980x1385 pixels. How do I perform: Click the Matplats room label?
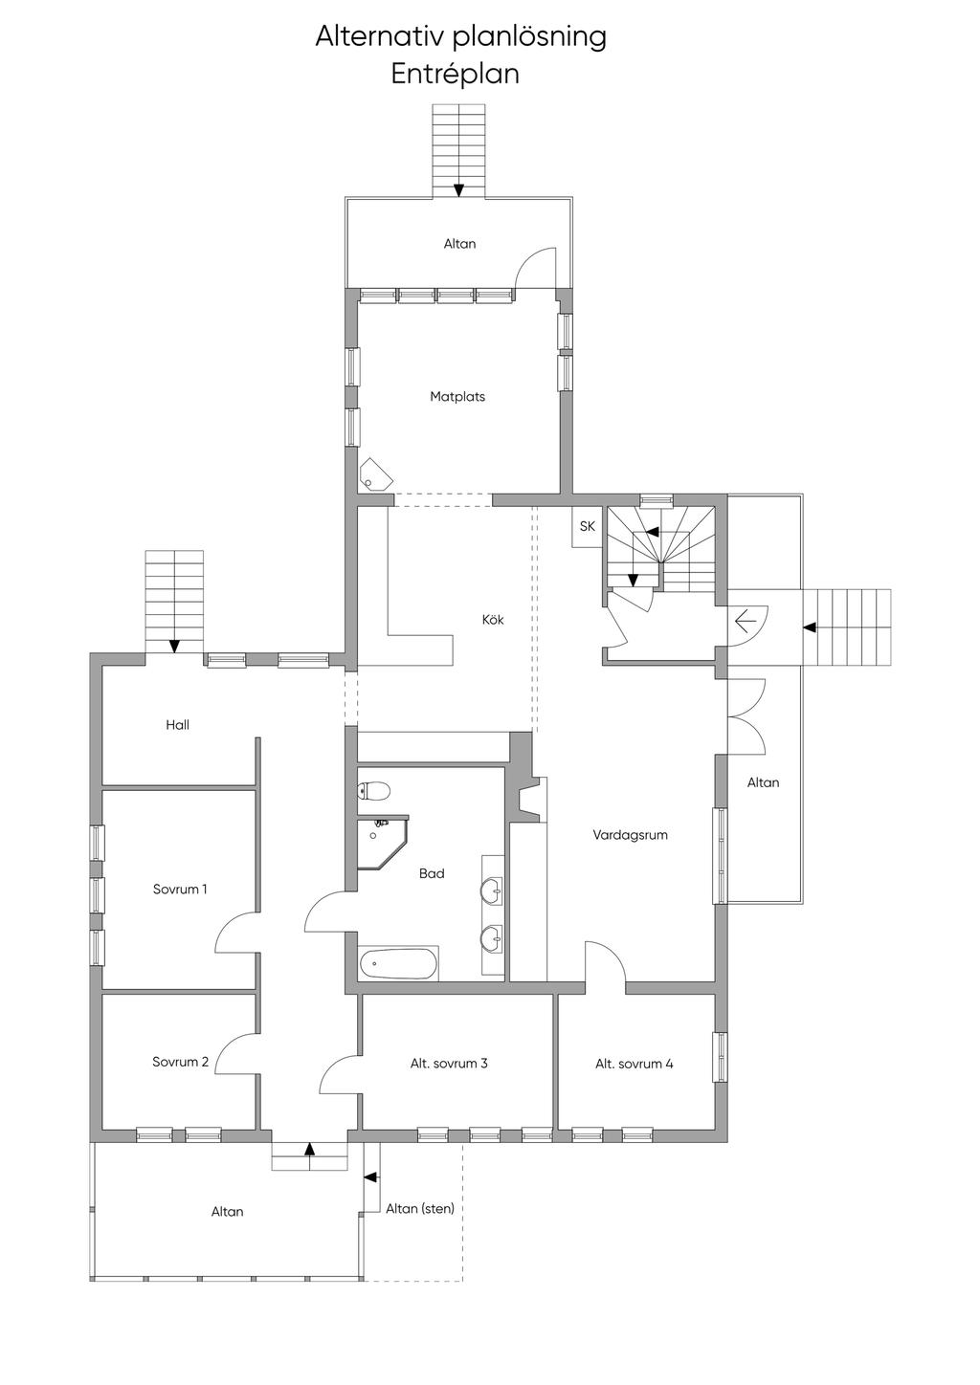457,396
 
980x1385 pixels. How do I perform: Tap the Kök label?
493,620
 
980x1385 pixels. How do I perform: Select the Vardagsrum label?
630,835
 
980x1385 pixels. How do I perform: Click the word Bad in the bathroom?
432,873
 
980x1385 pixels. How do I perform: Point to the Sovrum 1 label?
180,890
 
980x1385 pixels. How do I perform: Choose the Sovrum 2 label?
181,1062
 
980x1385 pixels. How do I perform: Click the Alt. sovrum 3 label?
449,1063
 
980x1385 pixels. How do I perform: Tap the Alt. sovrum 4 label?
635,1064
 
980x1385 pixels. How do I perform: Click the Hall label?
178,725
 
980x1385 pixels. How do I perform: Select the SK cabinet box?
587,527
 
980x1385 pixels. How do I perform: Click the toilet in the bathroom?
375,790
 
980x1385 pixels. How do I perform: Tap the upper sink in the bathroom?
493,890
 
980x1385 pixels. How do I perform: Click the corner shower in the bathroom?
383,842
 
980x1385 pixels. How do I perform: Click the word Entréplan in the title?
455,75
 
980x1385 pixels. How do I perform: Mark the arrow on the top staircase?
458,189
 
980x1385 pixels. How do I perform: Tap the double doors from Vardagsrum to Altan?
746,716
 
